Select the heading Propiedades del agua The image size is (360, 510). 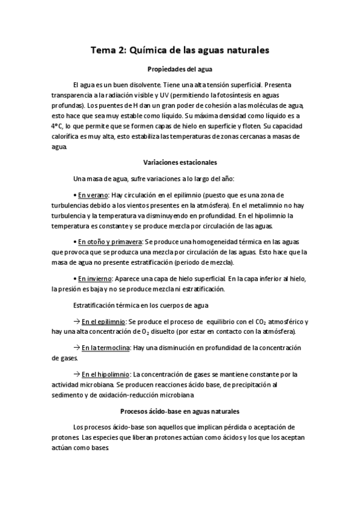pos(180,69)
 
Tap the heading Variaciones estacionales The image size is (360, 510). pos(180,162)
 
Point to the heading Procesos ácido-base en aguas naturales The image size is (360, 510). pos(180,411)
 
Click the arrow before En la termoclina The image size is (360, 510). pos(76,348)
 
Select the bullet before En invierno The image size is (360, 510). pos(75,279)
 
